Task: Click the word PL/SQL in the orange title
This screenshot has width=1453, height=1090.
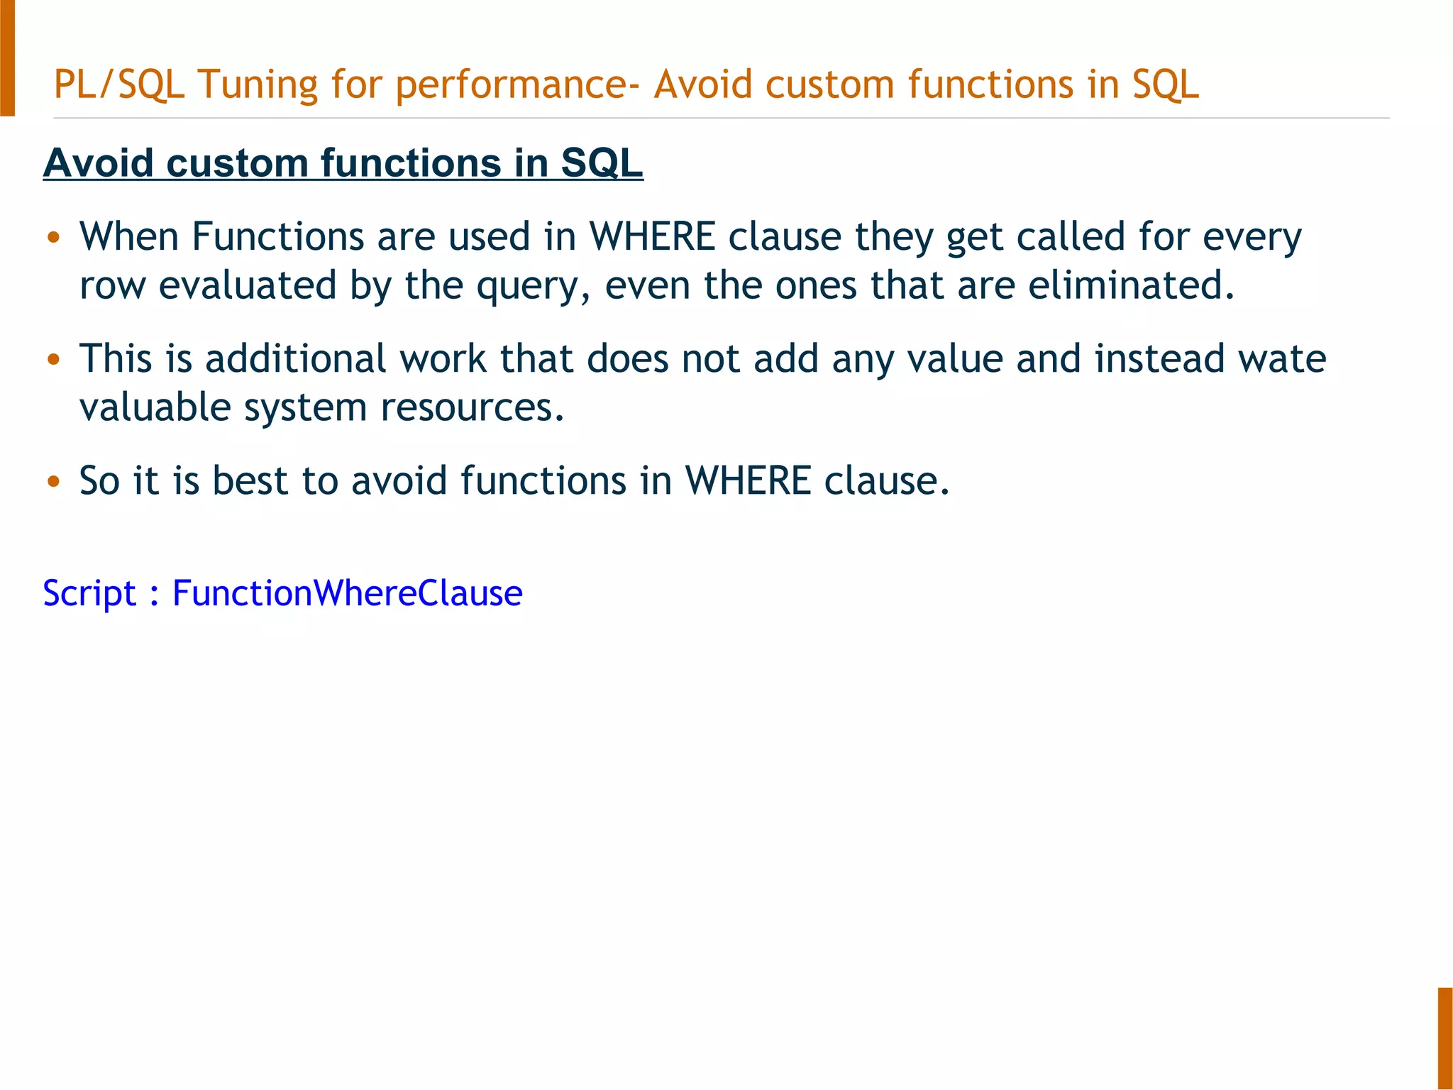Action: pyautogui.click(x=118, y=84)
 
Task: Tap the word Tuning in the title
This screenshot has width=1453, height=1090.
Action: pyautogui.click(x=258, y=84)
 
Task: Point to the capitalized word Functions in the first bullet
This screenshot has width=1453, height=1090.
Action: pyautogui.click(x=277, y=236)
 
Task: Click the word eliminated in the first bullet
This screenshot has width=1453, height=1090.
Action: pyautogui.click(x=1131, y=285)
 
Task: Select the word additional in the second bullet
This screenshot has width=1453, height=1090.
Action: pyautogui.click(x=295, y=358)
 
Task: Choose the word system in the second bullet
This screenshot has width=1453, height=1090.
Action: pyautogui.click(x=304, y=408)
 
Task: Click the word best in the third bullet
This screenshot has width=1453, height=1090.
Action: pyautogui.click(x=250, y=480)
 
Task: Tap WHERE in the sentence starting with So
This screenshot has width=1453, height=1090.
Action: pyautogui.click(x=748, y=480)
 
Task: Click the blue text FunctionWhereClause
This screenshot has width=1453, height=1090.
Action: pyautogui.click(x=347, y=593)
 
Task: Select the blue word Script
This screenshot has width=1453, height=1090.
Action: pyautogui.click(x=89, y=593)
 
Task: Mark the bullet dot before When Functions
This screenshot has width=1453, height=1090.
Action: pyautogui.click(x=53, y=238)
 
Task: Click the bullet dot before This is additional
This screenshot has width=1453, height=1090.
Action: pyautogui.click(x=53, y=360)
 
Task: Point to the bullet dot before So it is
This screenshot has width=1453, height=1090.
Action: pyautogui.click(x=53, y=482)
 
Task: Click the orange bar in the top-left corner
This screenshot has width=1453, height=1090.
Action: pyautogui.click(x=7, y=57)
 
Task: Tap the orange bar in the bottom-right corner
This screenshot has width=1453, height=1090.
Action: pyautogui.click(x=1445, y=1037)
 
